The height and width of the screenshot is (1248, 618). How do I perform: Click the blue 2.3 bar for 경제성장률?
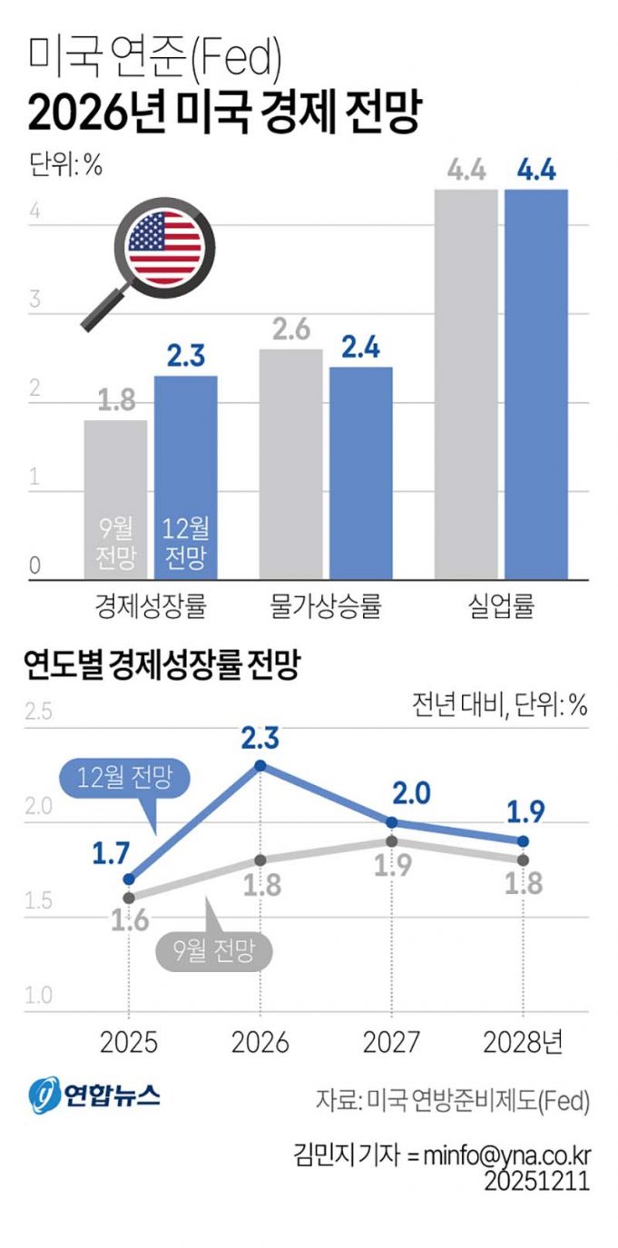pos(185,477)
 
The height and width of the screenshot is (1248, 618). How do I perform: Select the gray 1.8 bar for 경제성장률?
pos(115,499)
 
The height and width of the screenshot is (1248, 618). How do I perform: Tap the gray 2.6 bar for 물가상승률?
pos(291,463)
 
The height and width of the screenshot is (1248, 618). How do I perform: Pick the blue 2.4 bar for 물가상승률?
pos(360,472)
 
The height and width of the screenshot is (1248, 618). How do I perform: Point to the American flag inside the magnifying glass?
pos(165,245)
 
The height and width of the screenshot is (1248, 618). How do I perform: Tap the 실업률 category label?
pos(501,605)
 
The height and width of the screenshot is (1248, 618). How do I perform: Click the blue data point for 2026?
pos(260,765)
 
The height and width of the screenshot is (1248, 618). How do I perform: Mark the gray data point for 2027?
pos(391,841)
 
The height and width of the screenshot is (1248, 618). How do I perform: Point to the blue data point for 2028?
pos(523,840)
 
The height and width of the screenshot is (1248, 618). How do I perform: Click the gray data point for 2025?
pos(129,897)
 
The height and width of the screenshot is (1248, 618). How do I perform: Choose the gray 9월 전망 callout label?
pos(215,950)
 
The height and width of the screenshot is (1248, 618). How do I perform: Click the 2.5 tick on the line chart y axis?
pos(38,711)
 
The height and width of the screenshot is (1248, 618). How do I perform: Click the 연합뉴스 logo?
pos(93,1096)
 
